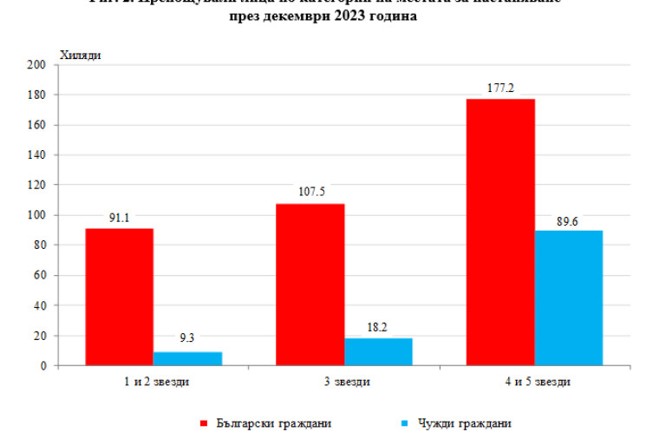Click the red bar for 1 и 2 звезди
[119, 297]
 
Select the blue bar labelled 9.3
[187, 358]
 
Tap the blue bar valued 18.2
[378, 351]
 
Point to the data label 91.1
[119, 219]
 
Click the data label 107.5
[310, 193]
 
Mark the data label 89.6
[569, 220]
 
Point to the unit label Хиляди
[81, 56]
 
